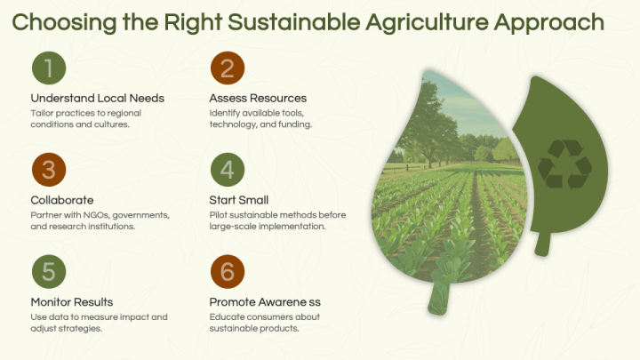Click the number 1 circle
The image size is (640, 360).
49,68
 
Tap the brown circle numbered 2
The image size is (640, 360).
228,68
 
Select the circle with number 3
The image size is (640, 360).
49,171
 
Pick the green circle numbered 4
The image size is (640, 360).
228,171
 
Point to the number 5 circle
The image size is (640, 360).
49,273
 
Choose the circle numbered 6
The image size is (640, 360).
228,273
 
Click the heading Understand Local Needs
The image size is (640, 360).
97,98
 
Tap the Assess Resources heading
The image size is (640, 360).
258,98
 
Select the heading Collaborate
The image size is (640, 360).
62,200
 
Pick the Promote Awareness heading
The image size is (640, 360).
266,302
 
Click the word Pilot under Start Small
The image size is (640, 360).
219,215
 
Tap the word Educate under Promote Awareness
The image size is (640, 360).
228,317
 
